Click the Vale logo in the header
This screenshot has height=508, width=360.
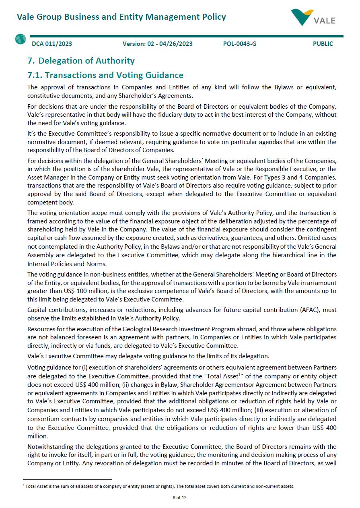pos(313,17)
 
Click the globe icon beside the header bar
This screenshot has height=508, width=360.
pos(21,39)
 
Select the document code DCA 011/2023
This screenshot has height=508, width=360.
pos(52,44)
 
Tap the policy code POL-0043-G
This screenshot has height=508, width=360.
pos(239,44)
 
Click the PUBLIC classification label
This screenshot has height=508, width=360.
pos(323,44)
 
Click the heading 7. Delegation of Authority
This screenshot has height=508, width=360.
pos(81,61)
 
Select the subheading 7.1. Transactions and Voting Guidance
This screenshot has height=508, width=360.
pos(105,75)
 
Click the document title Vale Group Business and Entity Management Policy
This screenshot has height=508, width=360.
pos(121,17)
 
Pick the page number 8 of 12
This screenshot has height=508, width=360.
pos(180,498)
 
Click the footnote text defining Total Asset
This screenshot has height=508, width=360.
pos(159,486)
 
